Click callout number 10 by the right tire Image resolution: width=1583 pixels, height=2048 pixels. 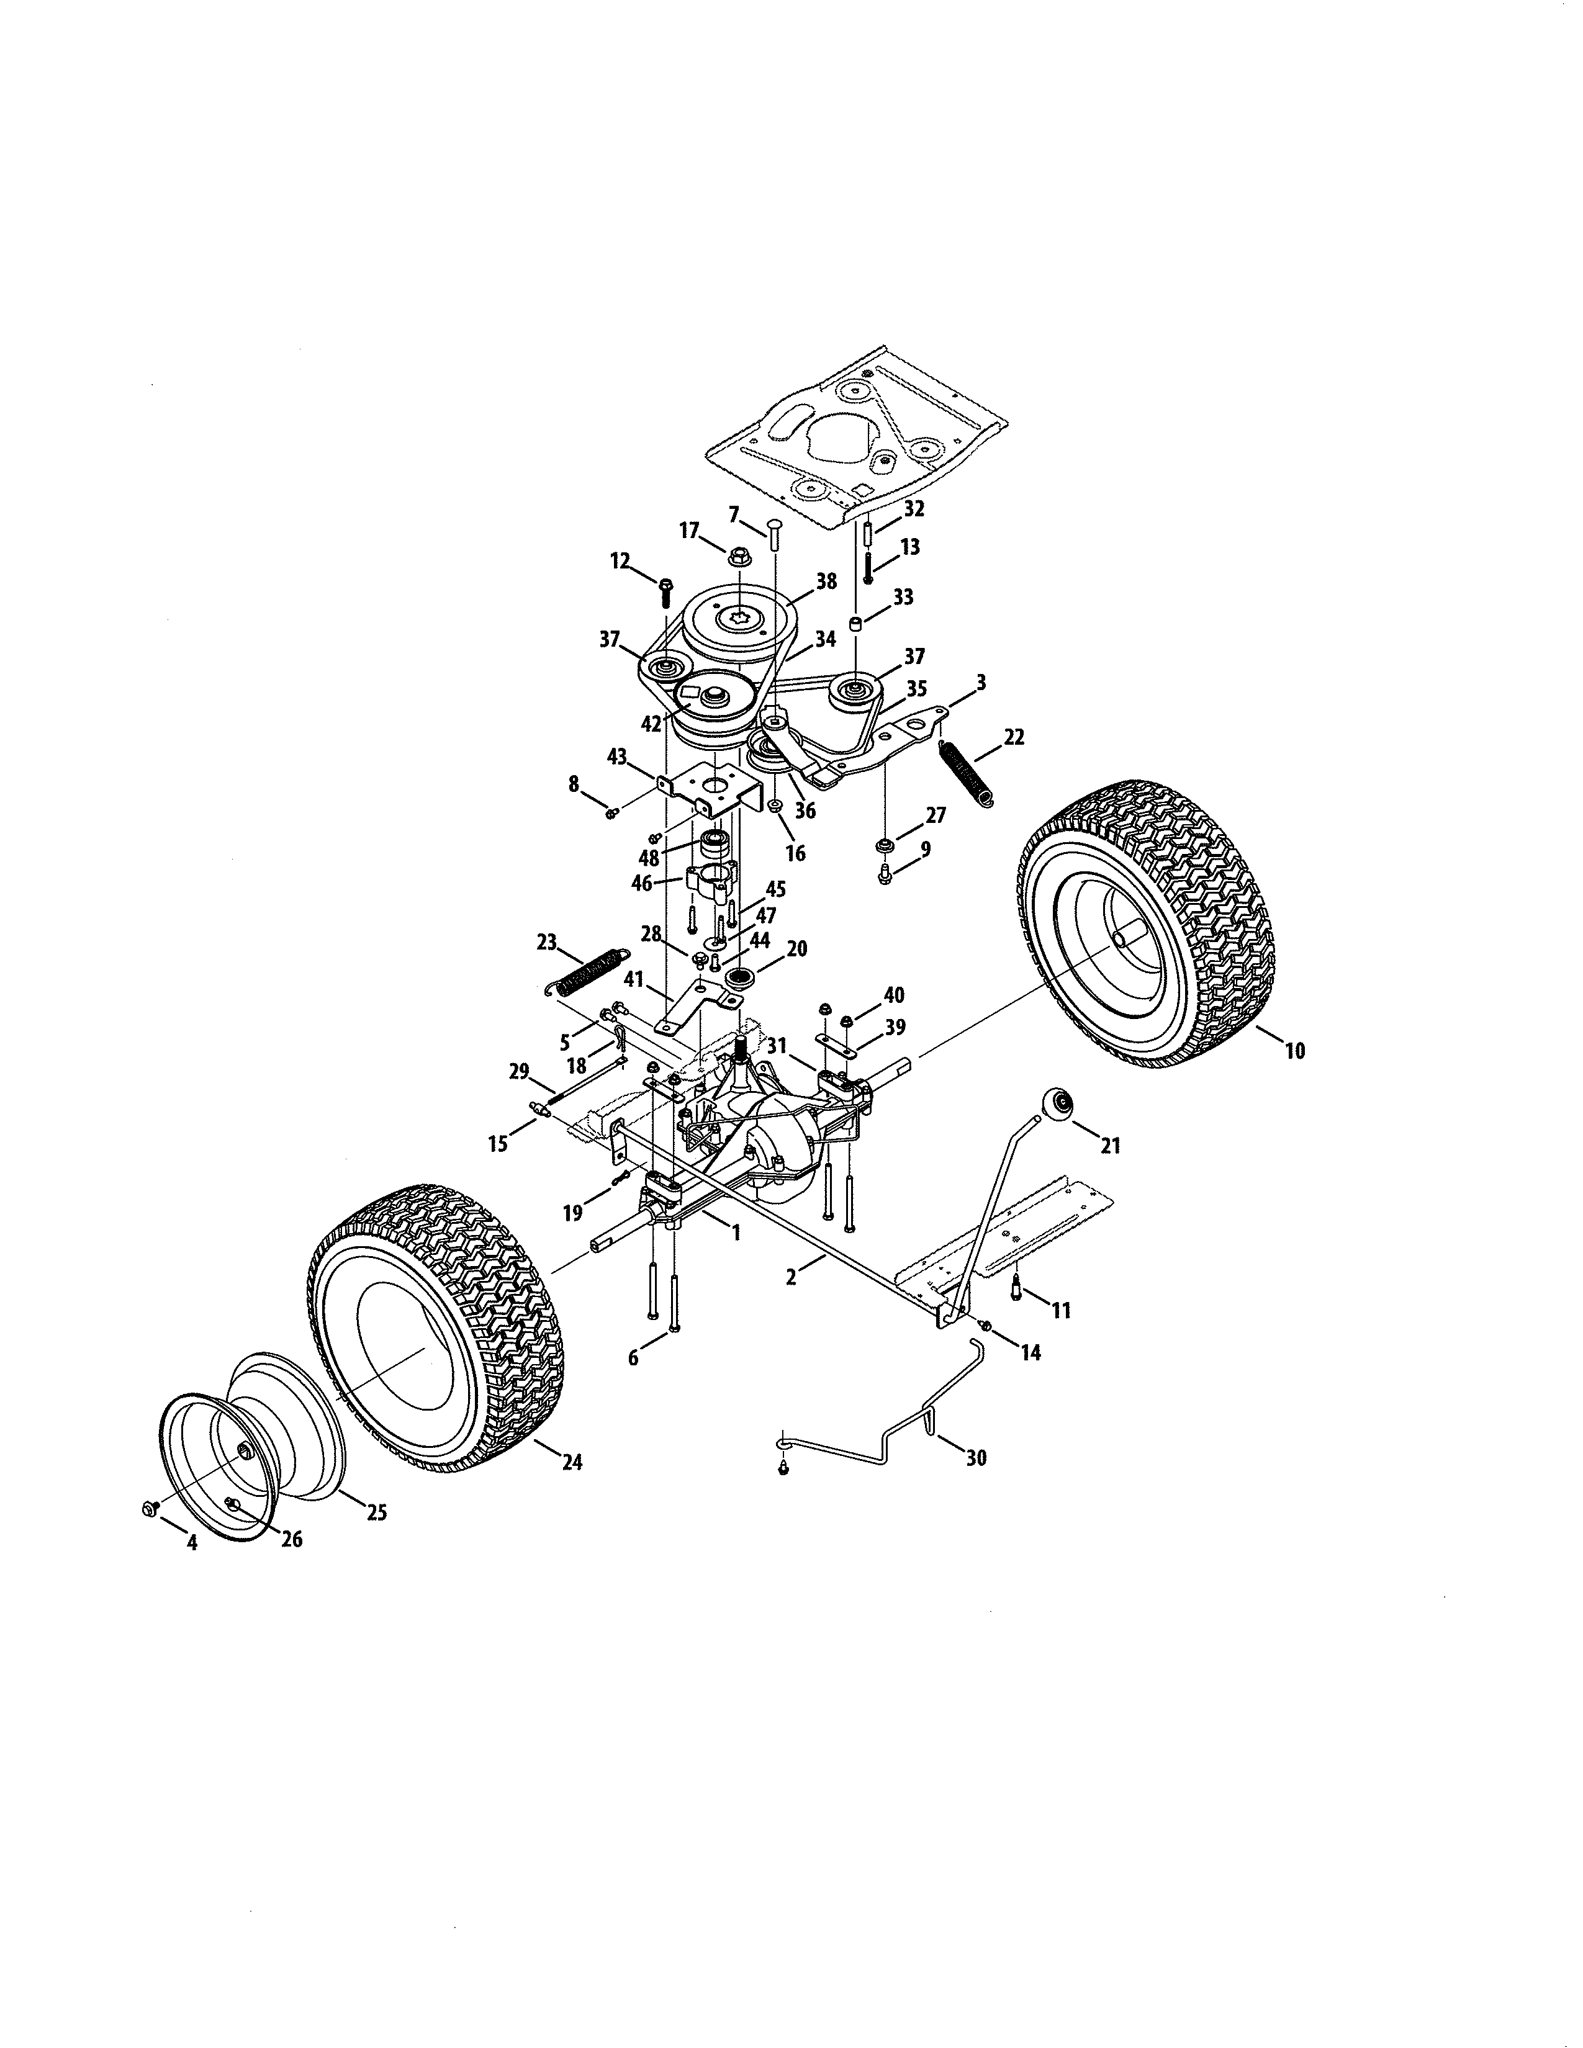(1294, 1051)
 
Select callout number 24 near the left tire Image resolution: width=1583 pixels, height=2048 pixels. (571, 1462)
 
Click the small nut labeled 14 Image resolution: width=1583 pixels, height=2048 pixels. (986, 1324)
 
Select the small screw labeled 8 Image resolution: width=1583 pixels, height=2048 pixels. (610, 812)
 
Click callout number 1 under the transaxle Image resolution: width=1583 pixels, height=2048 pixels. (736, 1233)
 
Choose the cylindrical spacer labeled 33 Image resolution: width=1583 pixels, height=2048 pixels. (856, 624)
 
